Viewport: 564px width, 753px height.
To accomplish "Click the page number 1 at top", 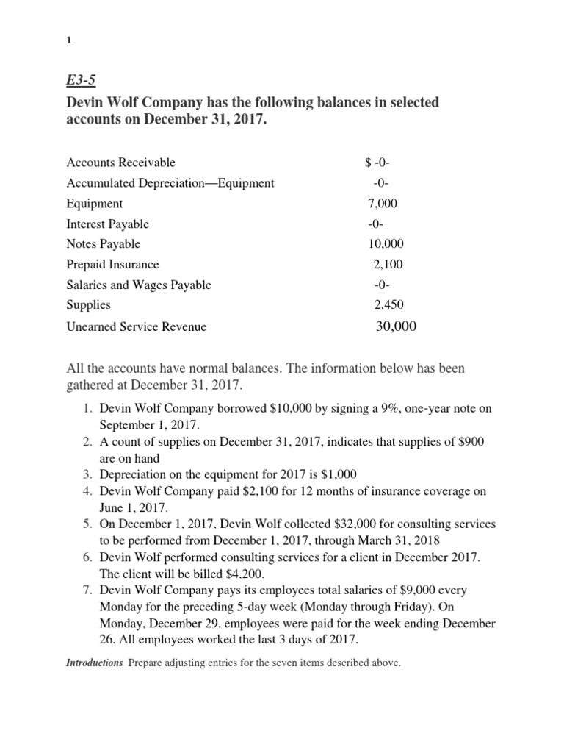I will tap(68, 41).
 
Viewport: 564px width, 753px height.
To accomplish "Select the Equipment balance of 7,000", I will tap(383, 204).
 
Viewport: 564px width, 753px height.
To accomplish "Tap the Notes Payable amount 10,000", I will tap(386, 244).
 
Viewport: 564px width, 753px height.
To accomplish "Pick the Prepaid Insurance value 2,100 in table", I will tap(388, 264).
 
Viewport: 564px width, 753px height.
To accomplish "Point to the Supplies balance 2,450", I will tap(388, 304).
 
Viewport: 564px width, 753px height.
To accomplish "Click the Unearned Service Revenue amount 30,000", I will tap(395, 326).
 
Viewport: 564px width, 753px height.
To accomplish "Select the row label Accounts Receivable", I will tap(121, 163).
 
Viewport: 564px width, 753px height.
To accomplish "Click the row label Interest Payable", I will tap(107, 224).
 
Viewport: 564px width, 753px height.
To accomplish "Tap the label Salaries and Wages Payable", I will tap(139, 285).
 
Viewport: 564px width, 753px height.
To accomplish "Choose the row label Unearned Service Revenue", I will tap(137, 326).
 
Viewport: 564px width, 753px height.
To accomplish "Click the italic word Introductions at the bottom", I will tap(95, 663).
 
